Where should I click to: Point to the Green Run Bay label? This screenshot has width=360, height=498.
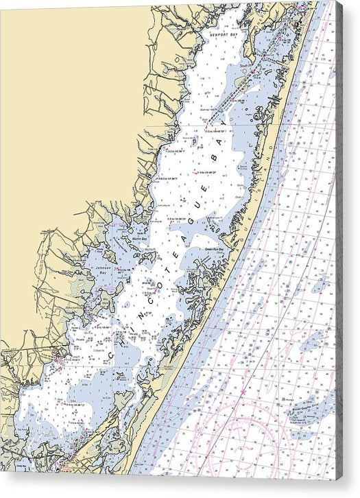[x=216, y=250]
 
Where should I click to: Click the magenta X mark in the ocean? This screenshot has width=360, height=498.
[x=242, y=392]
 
